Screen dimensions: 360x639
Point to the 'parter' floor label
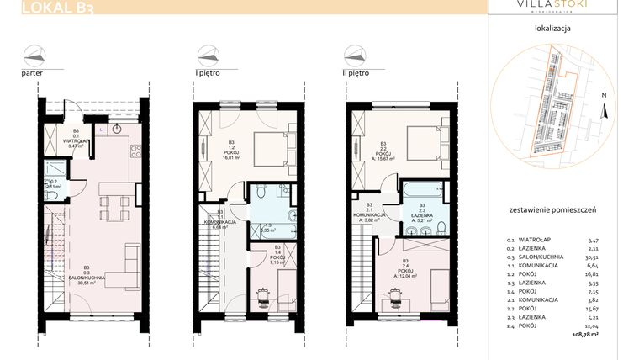[x=33, y=73]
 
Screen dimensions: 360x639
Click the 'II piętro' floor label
[x=352, y=73]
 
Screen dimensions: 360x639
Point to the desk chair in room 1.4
[x=262, y=294]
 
